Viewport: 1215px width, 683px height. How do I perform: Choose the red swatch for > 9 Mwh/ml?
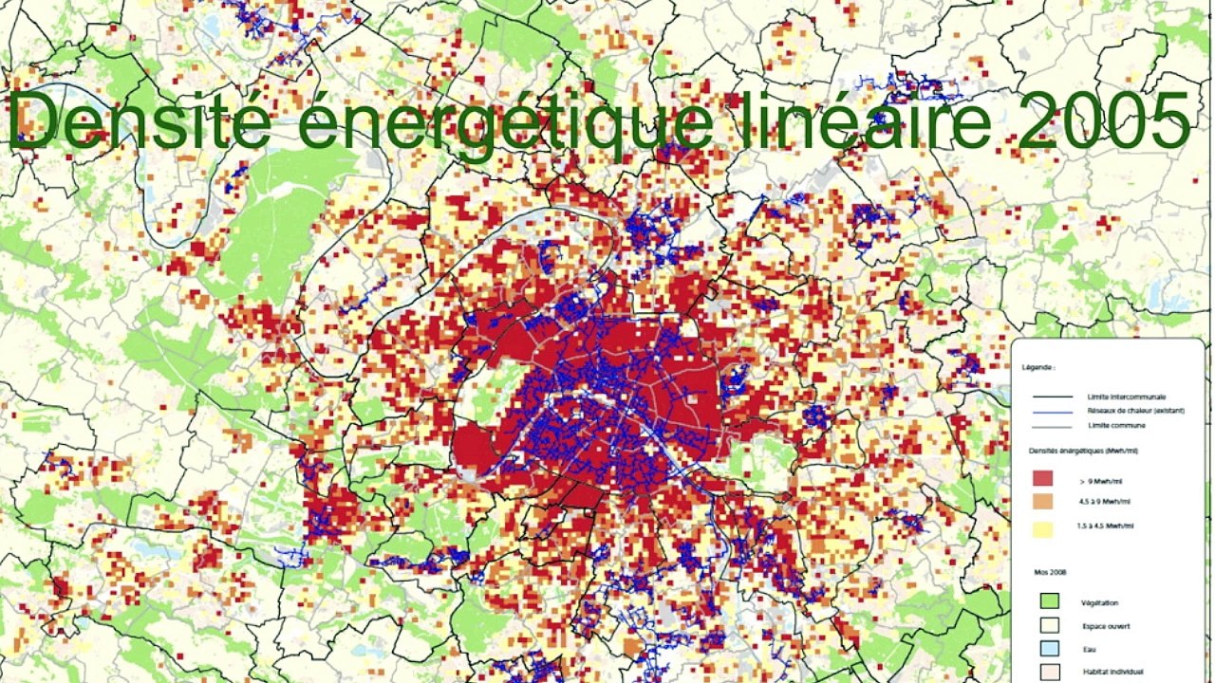click(1042, 480)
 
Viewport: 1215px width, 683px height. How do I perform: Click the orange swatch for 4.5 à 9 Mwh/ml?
click(1042, 503)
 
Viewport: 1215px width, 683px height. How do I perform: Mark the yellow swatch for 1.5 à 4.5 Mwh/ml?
click(1042, 526)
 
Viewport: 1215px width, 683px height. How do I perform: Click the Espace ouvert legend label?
click(1105, 626)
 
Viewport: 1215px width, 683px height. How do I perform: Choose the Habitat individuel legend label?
click(1111, 673)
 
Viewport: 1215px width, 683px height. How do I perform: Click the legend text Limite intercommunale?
click(1127, 397)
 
